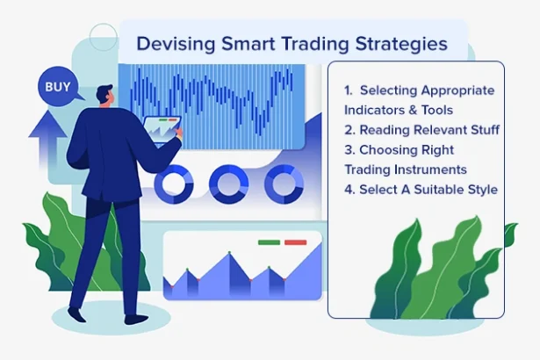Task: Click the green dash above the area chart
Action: coord(269,241)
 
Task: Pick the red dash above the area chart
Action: coord(296,241)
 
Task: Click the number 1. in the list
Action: coord(349,90)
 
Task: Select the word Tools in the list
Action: coord(436,111)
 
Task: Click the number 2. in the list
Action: coord(349,130)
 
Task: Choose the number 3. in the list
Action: coord(349,149)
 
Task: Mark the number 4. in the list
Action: coord(349,189)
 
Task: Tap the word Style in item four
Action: coord(480,189)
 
